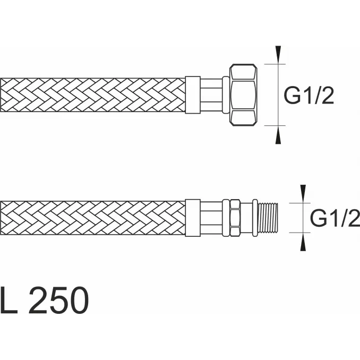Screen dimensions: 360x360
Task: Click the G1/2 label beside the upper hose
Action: click(309, 95)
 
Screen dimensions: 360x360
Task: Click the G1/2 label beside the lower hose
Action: click(335, 218)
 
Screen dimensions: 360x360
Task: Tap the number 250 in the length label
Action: click(58, 300)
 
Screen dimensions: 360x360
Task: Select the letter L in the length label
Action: click(8, 300)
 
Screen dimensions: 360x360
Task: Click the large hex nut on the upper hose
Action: click(243, 95)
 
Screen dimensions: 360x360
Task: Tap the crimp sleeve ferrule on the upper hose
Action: click(193, 95)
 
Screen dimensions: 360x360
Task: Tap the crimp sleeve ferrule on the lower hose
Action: click(193, 218)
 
